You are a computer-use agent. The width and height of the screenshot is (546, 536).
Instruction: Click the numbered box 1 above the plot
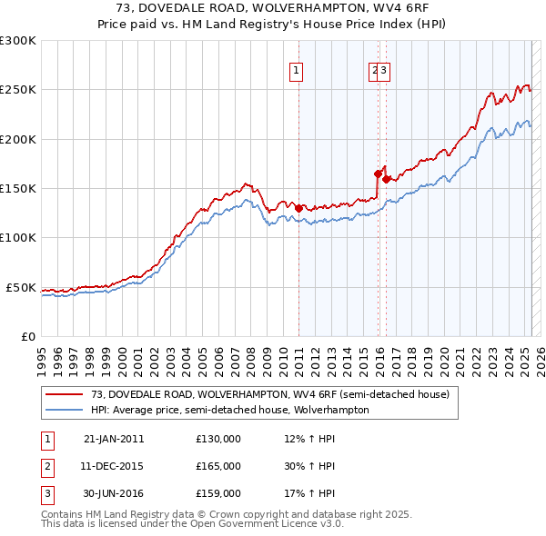[298, 73]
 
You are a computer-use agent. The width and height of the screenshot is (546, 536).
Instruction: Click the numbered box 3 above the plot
[384, 73]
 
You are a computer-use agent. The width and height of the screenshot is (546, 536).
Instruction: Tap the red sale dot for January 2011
[298, 207]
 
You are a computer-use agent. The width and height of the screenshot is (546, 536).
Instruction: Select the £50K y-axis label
[21, 287]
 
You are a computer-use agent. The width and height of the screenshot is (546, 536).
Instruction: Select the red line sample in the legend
[65, 395]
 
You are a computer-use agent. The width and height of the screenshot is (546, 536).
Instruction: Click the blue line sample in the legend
[65, 410]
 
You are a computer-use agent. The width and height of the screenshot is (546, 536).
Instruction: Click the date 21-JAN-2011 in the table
[114, 439]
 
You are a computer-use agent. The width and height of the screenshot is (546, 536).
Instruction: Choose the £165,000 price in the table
[218, 466]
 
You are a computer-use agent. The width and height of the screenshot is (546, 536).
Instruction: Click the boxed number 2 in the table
[47, 466]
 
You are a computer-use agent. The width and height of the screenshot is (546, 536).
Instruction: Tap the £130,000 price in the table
[218, 439]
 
